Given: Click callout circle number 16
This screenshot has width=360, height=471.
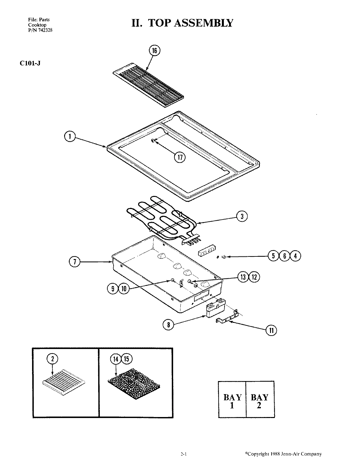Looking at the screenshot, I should click(154, 50).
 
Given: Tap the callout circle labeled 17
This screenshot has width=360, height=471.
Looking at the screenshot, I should click(180, 157).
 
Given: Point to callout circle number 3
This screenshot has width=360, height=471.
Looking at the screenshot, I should click(242, 216).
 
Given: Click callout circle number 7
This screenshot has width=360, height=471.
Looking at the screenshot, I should click(75, 262).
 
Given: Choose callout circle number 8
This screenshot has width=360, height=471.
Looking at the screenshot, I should click(168, 324).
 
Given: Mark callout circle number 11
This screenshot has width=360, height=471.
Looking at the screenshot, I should click(271, 330).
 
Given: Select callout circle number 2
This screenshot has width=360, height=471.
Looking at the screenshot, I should click(52, 359).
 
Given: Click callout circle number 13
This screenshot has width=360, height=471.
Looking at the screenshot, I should click(243, 277).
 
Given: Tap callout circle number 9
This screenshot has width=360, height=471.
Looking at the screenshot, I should click(113, 288).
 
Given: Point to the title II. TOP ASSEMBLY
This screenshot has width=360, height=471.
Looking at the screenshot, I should click(182, 23).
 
